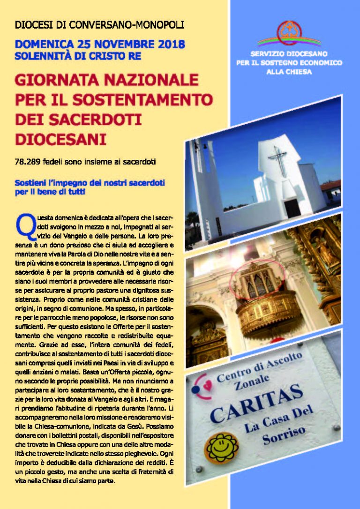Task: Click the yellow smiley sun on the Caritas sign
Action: coord(223,447)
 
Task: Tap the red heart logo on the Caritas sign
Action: coord(201,390)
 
